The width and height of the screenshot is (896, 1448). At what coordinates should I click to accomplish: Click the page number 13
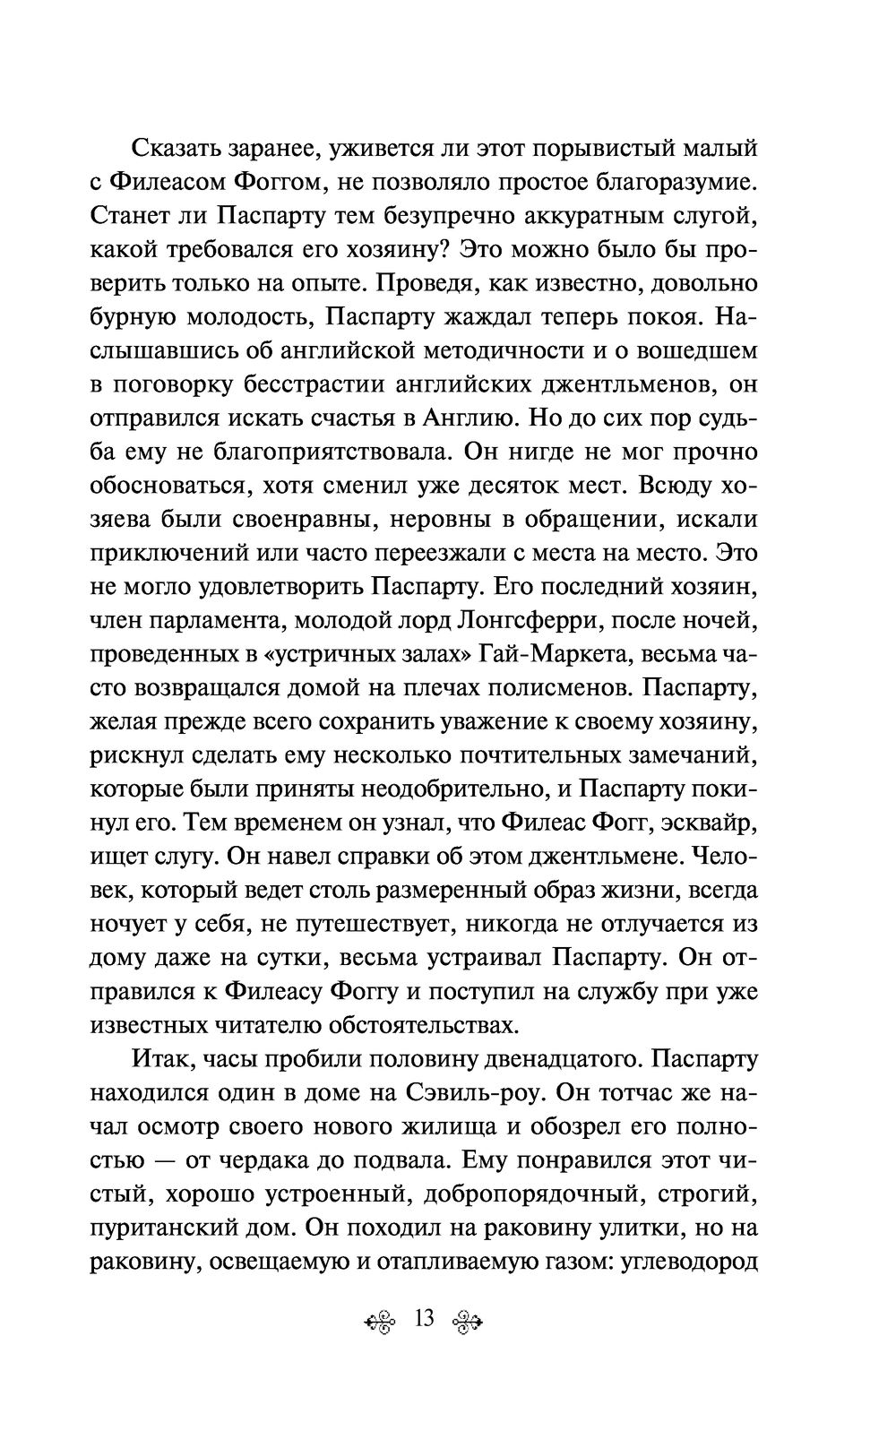click(x=424, y=1319)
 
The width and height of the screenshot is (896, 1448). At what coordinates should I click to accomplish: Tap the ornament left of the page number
click(x=383, y=1321)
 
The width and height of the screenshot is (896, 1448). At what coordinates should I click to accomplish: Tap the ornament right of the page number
click(x=466, y=1321)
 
